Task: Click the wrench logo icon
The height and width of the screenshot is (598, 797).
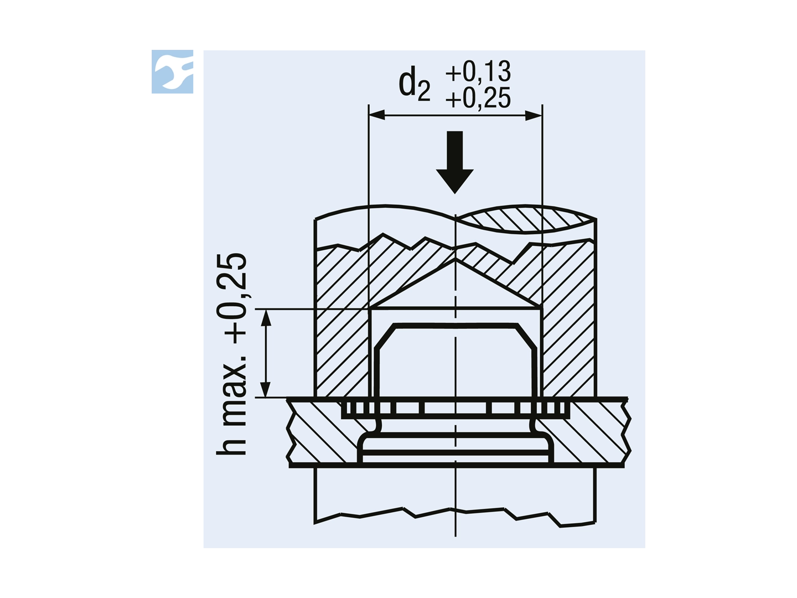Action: click(172, 71)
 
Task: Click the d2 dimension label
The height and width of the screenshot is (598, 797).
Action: click(415, 85)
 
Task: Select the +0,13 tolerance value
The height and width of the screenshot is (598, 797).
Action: click(478, 71)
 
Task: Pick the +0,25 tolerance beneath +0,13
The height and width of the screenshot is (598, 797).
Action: click(478, 97)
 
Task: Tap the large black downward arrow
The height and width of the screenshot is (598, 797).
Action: click(454, 162)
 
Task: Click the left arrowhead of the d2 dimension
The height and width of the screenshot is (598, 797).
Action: click(377, 116)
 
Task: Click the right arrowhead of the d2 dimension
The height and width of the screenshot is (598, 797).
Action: click(534, 116)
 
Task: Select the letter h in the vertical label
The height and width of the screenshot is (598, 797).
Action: click(232, 444)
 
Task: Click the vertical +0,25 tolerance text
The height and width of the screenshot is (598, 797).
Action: click(232, 298)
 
